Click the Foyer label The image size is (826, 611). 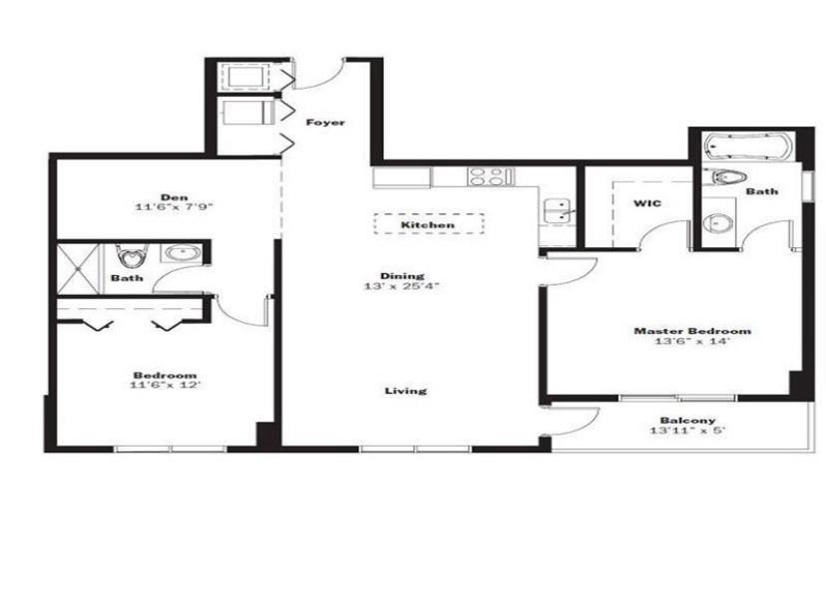[x=325, y=123]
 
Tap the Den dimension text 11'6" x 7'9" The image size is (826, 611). [x=174, y=207]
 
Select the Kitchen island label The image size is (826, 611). [x=428, y=225]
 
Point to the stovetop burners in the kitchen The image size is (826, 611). [x=488, y=176]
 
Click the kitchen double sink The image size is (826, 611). [x=558, y=210]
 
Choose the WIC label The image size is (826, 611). [x=646, y=203]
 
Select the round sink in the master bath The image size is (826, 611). [x=717, y=223]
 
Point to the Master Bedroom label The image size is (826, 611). [x=692, y=331]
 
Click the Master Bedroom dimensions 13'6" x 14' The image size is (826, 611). [x=692, y=342]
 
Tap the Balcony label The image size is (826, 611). [x=688, y=421]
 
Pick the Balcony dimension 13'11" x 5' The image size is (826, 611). [x=688, y=431]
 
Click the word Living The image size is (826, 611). [x=406, y=391]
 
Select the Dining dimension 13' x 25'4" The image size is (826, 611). [x=402, y=287]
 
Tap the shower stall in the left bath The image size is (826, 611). [x=78, y=269]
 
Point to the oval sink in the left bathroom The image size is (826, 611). [x=183, y=253]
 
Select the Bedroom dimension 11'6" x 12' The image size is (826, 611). [x=166, y=385]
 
